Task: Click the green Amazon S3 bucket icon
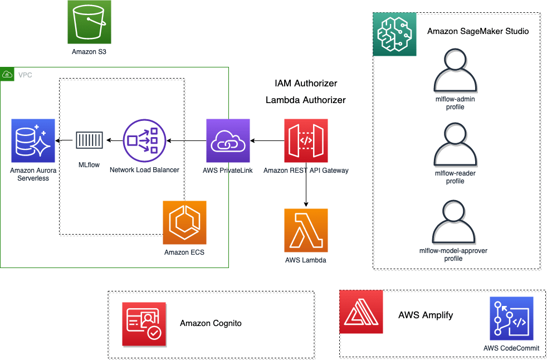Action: (x=89, y=22)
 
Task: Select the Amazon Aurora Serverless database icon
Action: (x=33, y=140)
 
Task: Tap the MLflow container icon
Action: (x=89, y=140)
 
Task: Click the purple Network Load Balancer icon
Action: (x=145, y=140)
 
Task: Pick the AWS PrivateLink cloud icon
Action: (x=228, y=140)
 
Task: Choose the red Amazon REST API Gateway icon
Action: (x=306, y=140)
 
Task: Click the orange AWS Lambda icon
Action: (x=306, y=230)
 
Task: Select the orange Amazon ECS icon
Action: (x=184, y=222)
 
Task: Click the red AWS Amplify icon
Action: (x=361, y=312)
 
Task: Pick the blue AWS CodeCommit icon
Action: (x=511, y=318)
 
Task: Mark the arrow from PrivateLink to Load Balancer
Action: (x=186, y=140)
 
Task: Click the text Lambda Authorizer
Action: (x=306, y=100)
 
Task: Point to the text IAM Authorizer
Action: (x=306, y=84)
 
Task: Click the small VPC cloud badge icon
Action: (x=7, y=74)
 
